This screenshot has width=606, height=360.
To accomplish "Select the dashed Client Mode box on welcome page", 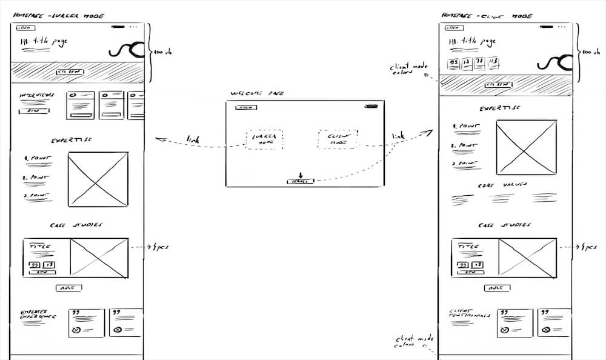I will (x=338, y=139).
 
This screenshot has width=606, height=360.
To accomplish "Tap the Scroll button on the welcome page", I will (x=300, y=181).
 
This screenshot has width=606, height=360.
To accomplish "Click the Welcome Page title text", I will (x=257, y=94).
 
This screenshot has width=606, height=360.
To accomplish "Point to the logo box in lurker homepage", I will (x=24, y=27).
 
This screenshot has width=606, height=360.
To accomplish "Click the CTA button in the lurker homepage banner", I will (x=70, y=72).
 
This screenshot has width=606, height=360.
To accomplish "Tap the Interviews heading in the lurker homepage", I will (x=37, y=96).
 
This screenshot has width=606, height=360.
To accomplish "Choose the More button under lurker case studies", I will (x=68, y=288).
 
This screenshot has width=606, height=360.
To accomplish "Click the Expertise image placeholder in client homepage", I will (x=526, y=147).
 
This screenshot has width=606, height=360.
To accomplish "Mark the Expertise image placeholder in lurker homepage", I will (x=98, y=179).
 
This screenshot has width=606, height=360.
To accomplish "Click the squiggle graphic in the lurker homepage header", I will (x=127, y=49).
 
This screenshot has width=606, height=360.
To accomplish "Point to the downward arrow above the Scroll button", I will (x=300, y=175).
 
